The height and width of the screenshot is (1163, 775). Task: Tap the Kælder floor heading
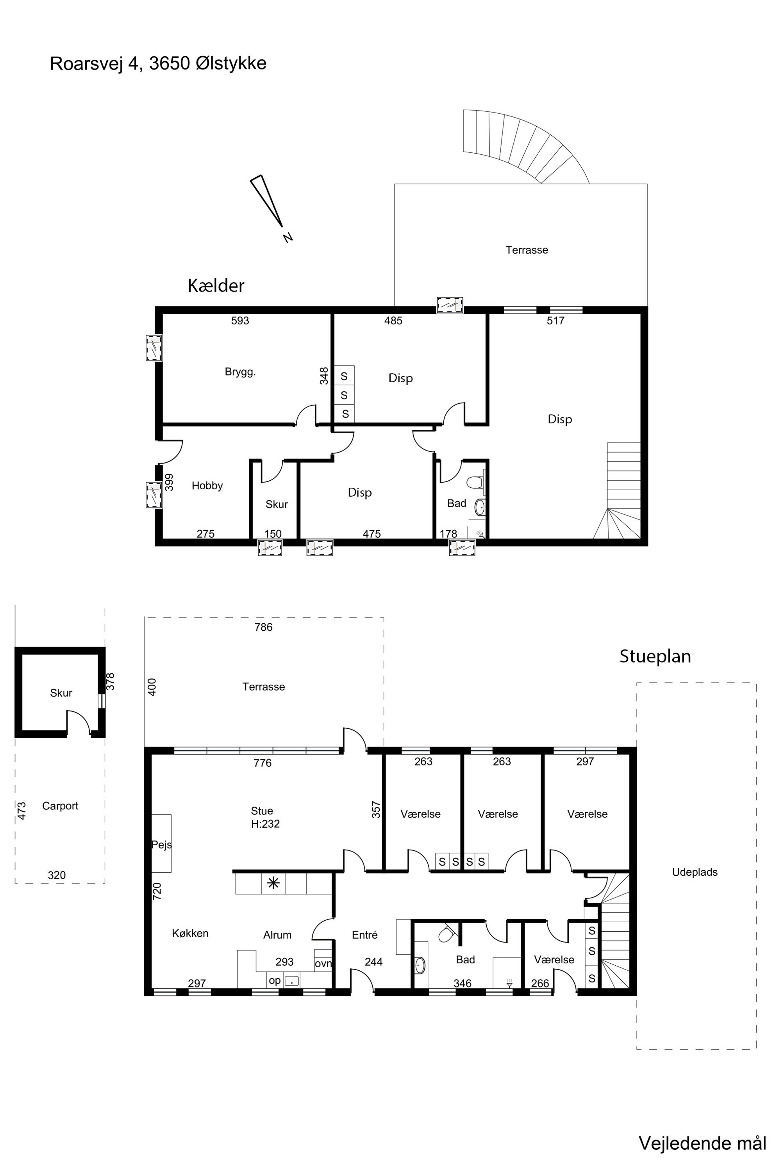point(216,285)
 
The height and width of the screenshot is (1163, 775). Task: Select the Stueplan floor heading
point(655,656)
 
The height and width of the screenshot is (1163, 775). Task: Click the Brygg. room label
point(240,372)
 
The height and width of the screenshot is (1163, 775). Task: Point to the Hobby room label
point(207,486)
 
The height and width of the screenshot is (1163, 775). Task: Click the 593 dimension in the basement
point(240,320)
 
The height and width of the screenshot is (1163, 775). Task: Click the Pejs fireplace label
point(162,845)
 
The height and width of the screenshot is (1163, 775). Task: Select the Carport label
point(60,806)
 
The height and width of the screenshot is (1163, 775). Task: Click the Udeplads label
point(695,872)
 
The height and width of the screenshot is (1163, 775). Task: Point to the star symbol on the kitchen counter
point(272,883)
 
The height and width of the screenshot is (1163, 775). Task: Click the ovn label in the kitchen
point(323,963)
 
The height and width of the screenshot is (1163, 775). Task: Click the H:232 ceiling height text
point(265,824)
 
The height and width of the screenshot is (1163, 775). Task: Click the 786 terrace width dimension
point(263,627)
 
